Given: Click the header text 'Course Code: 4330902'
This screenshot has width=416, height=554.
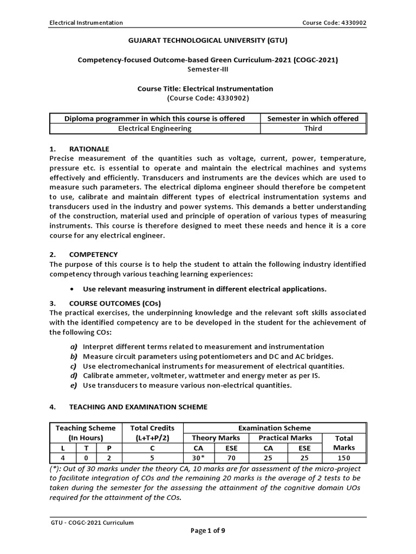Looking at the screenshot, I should pos(336,23).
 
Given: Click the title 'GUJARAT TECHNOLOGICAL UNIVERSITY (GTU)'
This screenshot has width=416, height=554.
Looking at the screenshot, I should pos(207,41).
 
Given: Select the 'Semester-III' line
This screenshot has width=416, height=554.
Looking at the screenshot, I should pos(207,69).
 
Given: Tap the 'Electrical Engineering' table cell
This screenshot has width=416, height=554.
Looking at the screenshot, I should pos(154,128).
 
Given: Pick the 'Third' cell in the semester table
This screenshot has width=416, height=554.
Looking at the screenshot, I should pos(313,128).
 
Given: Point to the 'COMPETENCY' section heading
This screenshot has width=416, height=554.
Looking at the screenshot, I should pos(93,254).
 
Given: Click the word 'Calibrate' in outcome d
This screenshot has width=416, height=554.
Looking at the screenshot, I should pos(98,375).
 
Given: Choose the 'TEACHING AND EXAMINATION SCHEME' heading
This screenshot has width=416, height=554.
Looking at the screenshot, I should pos(138,407).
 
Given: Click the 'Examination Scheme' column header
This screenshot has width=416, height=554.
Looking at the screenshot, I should pos(279,428).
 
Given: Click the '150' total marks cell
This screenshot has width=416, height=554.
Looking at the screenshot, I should pos(344,458).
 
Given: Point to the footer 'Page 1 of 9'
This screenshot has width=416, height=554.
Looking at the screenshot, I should pos(207,531).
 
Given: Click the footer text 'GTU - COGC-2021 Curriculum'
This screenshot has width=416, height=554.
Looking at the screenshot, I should pos(92,522).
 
